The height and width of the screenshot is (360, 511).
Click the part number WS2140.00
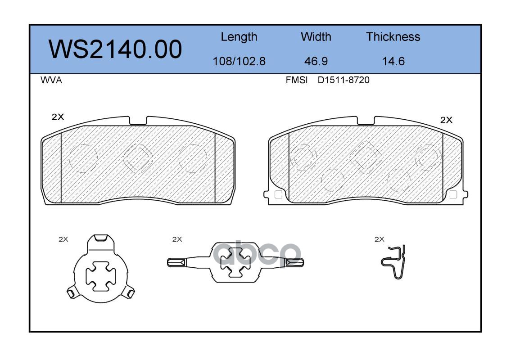tap(115, 49)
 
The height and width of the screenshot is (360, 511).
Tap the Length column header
tap(239, 37)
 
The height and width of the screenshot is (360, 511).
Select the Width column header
tap(316, 36)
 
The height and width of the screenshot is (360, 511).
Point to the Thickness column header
tap(393, 36)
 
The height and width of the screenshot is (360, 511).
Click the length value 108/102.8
tap(239, 61)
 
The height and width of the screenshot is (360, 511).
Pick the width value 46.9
tap(316, 61)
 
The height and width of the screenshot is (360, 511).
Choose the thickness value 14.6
tap(393, 61)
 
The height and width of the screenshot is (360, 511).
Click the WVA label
tap(51, 80)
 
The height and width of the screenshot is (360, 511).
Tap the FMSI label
tap(297, 80)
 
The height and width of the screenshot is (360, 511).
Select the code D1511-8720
tap(344, 80)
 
